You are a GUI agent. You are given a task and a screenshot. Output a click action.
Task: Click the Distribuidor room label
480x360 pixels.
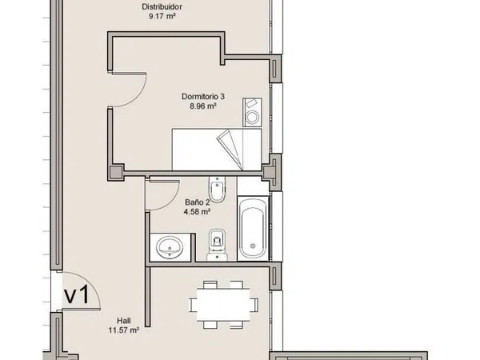tap(162, 6)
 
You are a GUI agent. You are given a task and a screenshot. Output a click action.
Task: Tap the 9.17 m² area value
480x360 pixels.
tap(162, 16)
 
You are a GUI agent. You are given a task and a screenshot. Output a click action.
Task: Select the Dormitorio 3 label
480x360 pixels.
tap(203, 97)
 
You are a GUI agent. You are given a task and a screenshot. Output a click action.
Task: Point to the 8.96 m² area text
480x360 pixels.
tap(203, 106)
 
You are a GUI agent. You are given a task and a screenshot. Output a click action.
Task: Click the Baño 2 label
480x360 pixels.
tap(197, 202)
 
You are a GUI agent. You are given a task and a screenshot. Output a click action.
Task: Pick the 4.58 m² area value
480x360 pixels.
tap(197, 211)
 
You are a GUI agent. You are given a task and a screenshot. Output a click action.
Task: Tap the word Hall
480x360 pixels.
tap(124, 321)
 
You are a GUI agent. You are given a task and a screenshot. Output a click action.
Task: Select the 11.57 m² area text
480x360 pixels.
tap(124, 330)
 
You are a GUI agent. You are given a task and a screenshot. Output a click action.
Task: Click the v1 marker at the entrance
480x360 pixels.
tap(77, 294)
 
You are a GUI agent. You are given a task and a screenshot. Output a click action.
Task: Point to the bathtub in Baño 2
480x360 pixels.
tap(253, 229)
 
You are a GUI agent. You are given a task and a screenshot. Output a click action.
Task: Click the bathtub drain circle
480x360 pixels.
tap(253, 246)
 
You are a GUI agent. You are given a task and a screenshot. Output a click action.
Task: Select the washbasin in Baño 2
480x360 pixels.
tap(170, 247)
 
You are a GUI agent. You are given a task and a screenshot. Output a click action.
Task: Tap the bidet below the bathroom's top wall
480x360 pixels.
tap(217, 190)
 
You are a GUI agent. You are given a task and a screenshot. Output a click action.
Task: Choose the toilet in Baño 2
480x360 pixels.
tap(217, 245)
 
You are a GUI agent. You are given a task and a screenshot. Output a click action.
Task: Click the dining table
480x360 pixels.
tap(223, 305)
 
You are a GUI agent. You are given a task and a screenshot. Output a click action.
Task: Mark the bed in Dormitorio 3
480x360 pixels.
tap(217, 150)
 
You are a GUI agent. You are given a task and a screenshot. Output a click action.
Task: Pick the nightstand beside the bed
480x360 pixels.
tap(252, 112)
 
